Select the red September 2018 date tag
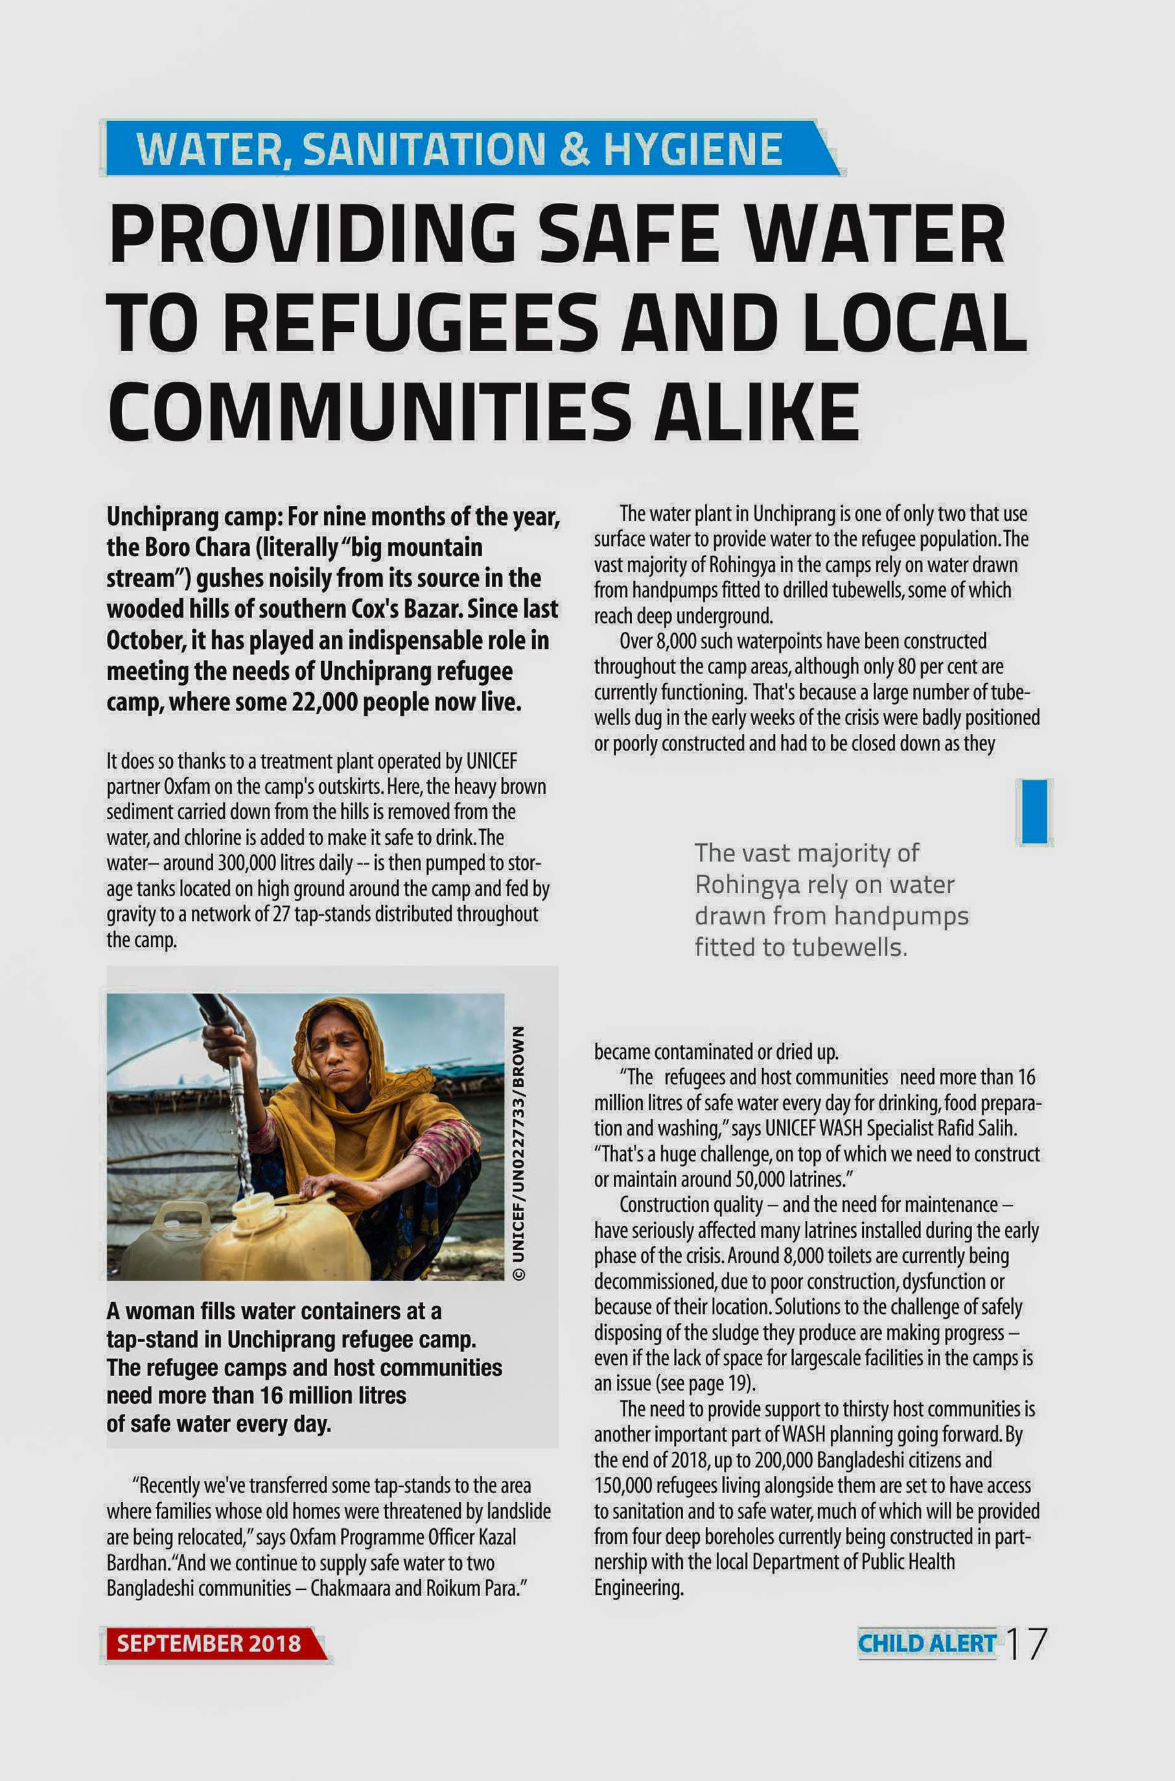click(210, 1643)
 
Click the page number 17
click(1025, 1644)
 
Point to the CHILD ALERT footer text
click(926, 1644)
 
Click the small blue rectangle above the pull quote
click(1034, 811)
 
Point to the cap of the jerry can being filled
click(255, 1204)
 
